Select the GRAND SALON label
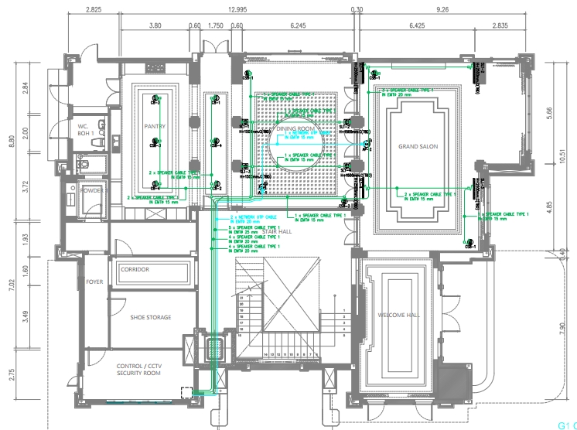coord(418,146)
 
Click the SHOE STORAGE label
coord(150,317)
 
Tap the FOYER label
coord(94,282)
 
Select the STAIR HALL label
coord(275,231)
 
